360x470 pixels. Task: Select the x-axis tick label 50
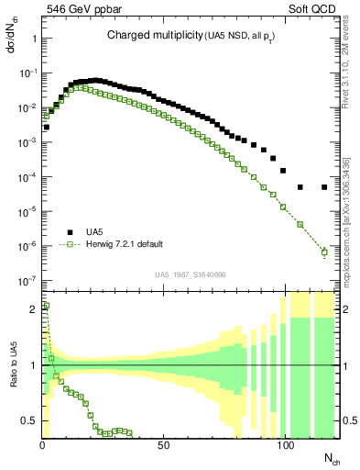163,446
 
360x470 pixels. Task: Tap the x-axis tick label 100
285,446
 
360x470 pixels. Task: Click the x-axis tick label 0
42,446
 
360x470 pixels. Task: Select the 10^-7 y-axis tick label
28,280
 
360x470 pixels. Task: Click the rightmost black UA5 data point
324,187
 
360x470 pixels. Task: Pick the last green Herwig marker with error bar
324,252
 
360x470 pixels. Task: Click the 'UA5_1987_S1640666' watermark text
191,274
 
